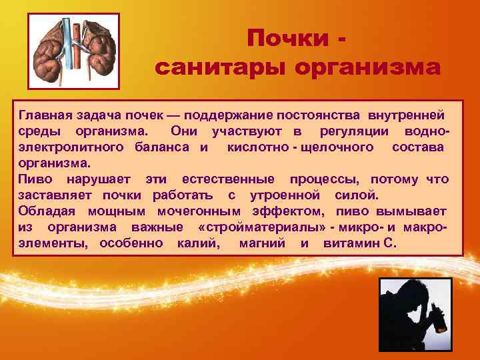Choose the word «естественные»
point(228,179)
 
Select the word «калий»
point(199,243)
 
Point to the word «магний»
point(262,243)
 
